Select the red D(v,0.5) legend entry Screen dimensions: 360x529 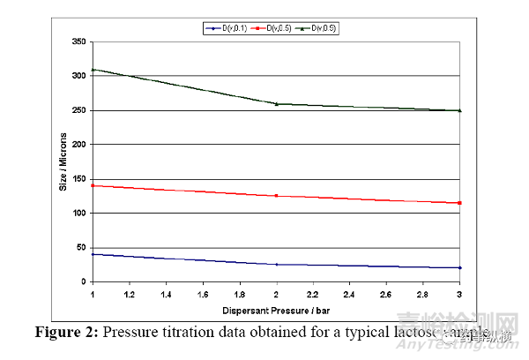tap(272, 28)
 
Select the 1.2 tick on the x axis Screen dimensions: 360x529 tap(130, 292)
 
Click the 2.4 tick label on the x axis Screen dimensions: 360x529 tap(351, 292)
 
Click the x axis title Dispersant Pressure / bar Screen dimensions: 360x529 tap(276, 310)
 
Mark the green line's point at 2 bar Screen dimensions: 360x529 tap(277, 104)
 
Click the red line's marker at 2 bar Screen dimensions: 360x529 tap(277, 196)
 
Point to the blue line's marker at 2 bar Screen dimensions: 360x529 tap(277, 265)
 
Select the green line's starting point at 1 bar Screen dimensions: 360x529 tap(93, 69)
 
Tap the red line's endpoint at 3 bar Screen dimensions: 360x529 tap(460, 203)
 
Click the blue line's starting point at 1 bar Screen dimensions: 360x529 tap(93, 254)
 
